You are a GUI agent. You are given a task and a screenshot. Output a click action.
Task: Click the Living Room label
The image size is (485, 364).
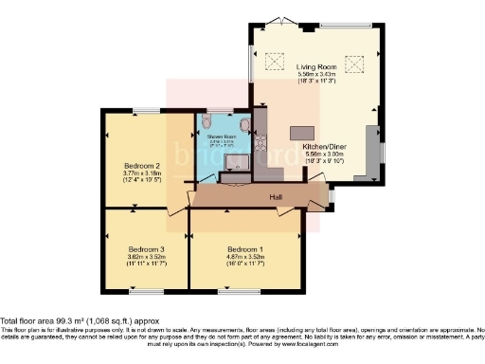(317, 67)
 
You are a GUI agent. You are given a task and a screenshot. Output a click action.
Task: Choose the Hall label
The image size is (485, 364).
(275, 197)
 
